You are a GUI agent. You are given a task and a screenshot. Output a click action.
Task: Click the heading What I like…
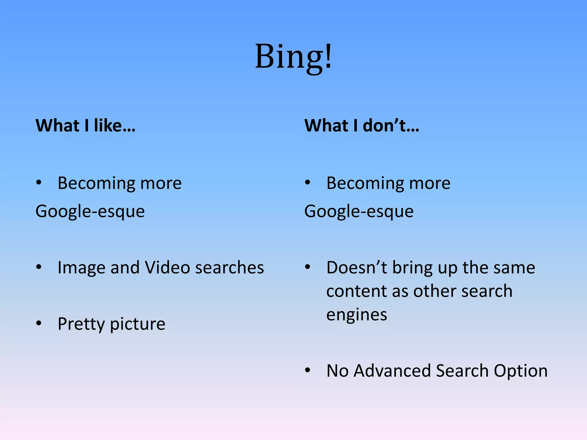point(85,126)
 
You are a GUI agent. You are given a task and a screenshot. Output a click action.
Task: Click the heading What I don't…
point(362,126)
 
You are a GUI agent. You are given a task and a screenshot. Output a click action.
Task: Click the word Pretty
point(81,324)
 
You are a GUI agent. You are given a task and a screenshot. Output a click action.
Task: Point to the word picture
point(138,324)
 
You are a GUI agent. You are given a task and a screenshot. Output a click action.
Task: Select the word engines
point(357,315)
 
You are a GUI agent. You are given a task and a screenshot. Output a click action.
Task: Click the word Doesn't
point(357,268)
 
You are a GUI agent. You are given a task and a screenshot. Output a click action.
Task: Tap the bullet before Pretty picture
point(39,323)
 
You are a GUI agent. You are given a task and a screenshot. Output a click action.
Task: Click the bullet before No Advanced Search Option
point(308,370)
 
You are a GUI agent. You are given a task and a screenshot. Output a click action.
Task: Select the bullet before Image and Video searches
point(39,267)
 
